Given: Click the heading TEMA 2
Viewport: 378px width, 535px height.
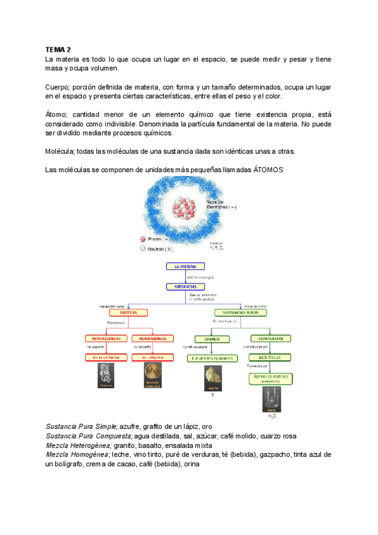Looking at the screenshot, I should point(58,49).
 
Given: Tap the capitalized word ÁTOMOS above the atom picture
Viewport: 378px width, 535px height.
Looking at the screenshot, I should point(265,170).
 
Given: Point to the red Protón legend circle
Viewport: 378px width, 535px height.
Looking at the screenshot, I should point(143,239).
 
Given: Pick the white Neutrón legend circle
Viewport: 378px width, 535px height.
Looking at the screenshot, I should point(143,249).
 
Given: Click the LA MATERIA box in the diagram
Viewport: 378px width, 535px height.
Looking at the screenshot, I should point(185,266).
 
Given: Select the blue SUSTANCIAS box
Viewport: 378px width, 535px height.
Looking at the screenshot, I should point(185,286).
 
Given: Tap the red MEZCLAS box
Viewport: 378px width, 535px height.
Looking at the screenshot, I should point(129,312).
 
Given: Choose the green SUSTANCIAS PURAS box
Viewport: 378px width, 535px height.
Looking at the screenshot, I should point(240,312).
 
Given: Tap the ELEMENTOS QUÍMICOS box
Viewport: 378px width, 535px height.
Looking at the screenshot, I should point(212,358).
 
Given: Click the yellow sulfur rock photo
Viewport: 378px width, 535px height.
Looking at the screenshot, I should point(212,377).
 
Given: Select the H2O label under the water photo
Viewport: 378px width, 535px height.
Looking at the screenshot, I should point(272,416).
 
